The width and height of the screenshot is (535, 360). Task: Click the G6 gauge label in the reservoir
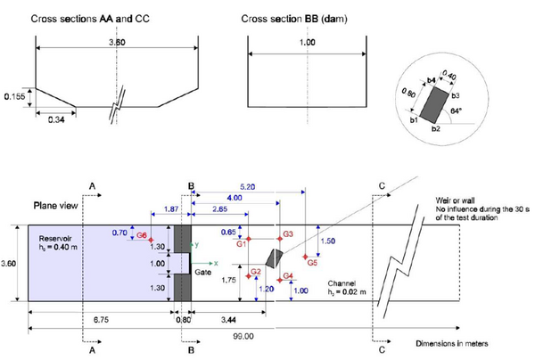click(142, 234)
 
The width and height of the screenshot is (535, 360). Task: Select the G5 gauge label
click(311, 264)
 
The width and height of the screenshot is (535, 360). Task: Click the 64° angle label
click(481, 110)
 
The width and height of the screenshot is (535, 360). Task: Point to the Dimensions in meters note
click(453, 343)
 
